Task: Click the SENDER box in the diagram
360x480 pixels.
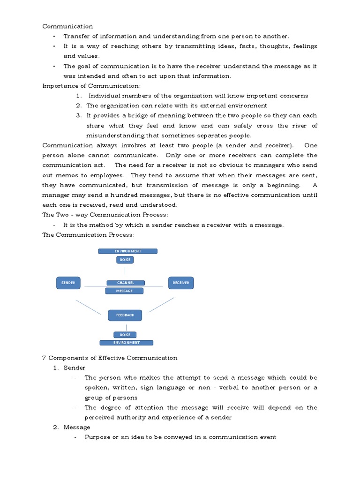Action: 68,283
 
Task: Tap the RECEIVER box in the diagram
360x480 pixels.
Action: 181,283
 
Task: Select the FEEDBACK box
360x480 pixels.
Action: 125,315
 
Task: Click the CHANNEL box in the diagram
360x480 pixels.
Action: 125,283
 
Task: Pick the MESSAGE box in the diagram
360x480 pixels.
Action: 124,291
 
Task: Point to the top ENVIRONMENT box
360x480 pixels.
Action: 127,251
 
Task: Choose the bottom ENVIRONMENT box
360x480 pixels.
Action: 126,343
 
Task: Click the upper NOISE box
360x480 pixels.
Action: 125,259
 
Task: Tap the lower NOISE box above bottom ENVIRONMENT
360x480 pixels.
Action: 125,335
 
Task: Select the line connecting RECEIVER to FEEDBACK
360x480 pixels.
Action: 161,305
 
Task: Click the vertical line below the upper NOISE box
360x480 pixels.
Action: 125,271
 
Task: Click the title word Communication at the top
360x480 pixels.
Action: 67,26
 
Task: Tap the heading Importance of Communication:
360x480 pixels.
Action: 91,86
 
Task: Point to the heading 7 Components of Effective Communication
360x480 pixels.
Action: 110,358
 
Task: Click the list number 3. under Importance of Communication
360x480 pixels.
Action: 79,115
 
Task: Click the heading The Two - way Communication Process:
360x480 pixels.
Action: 105,215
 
